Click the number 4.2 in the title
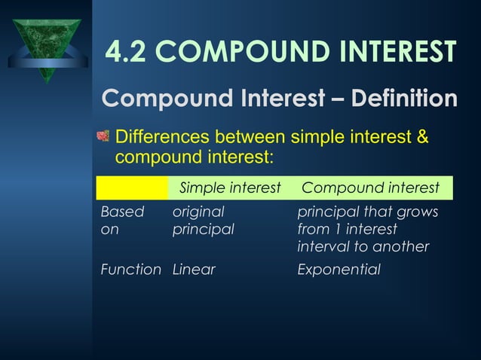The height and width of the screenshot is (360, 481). (x=127, y=51)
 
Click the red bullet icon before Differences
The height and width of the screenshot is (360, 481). (x=103, y=137)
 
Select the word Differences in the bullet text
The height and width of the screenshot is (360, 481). (x=162, y=139)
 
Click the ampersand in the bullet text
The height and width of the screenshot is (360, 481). (x=422, y=139)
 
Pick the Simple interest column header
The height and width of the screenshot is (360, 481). (x=229, y=188)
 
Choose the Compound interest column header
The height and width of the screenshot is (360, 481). (x=370, y=188)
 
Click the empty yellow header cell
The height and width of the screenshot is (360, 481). (x=132, y=188)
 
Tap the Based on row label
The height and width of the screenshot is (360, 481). (x=121, y=221)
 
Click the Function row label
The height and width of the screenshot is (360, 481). (x=130, y=270)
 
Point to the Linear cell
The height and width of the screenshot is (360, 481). (x=194, y=270)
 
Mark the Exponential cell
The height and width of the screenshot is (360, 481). (x=339, y=270)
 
